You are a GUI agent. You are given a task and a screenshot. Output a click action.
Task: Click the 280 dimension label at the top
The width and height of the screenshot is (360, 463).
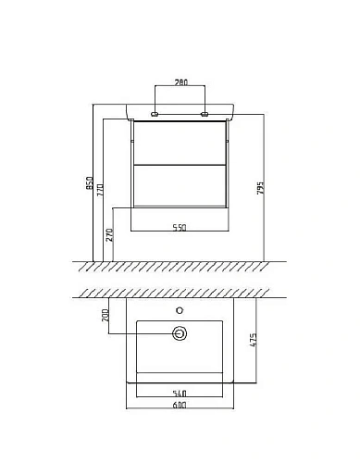pyautogui.click(x=180, y=82)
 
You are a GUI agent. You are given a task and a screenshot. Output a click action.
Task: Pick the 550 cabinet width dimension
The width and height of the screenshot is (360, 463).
pyautogui.click(x=180, y=228)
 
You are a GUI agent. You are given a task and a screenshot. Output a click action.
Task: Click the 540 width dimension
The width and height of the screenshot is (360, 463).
pyautogui.click(x=180, y=394)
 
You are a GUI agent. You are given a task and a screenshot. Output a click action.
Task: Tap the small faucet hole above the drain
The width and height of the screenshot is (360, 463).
pyautogui.click(x=180, y=311)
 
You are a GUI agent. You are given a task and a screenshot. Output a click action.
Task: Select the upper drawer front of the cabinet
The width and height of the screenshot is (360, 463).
pyautogui.click(x=180, y=144)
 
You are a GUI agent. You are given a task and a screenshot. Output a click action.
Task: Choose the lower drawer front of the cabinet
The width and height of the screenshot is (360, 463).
pyautogui.click(x=180, y=184)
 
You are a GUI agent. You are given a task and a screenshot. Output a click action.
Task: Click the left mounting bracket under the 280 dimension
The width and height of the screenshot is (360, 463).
pyautogui.click(x=155, y=115)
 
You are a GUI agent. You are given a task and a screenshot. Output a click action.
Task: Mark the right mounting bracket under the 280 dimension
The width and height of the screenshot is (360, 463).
pyautogui.click(x=205, y=115)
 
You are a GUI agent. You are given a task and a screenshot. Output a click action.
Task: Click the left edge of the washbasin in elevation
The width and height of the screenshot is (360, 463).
pyautogui.click(x=125, y=112)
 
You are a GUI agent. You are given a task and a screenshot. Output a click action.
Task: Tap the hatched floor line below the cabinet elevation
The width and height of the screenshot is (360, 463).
pyautogui.click(x=180, y=266)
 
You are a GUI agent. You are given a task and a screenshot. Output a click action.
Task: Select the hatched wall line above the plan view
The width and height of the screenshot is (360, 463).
pyautogui.click(x=180, y=293)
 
